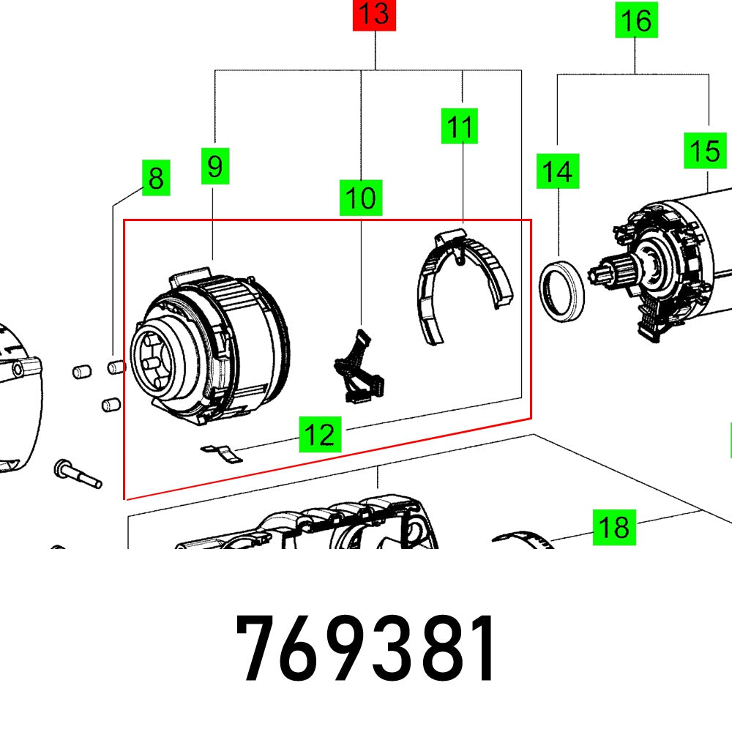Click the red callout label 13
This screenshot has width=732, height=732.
click(374, 15)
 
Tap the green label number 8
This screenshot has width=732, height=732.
click(155, 178)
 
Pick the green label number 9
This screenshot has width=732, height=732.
click(214, 166)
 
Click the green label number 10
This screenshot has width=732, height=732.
click(361, 198)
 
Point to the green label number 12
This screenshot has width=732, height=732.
click(320, 436)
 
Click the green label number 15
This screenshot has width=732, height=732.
click(705, 151)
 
